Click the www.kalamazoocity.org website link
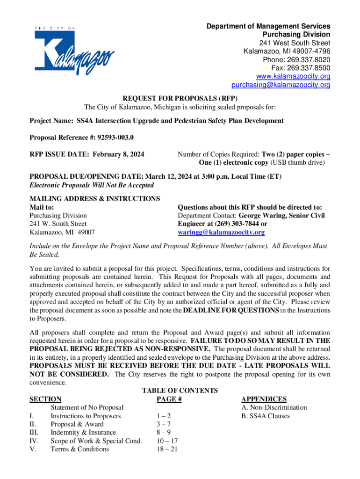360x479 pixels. [293, 77]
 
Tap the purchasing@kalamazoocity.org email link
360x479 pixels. [281, 85]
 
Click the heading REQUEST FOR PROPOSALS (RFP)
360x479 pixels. [180, 99]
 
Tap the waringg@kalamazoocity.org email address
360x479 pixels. [221, 232]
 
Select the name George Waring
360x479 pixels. [270, 216]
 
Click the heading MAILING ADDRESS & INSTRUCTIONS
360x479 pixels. [95, 199]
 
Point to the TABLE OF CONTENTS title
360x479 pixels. [180, 391]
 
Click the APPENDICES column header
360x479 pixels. [264, 399]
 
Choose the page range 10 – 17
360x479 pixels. [167, 441]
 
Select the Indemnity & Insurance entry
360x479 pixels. [83, 433]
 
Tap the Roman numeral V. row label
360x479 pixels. [33, 450]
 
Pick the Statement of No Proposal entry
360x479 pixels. [86, 407]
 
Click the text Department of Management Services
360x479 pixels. [268, 26]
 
